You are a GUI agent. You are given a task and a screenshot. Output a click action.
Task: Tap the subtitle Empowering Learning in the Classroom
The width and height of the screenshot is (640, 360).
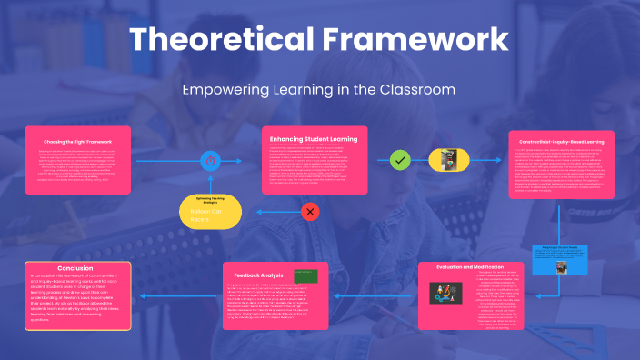319,90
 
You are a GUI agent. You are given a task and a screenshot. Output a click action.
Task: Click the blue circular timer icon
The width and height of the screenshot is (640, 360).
212,161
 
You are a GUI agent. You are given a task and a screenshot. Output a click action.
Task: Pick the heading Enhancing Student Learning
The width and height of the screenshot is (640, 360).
315,139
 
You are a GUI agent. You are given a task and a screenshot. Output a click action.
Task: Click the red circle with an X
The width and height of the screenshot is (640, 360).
310,213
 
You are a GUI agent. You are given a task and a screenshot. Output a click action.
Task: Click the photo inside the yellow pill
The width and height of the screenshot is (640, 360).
447,161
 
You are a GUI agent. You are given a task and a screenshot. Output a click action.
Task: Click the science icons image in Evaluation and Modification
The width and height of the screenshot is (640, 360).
446,293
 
